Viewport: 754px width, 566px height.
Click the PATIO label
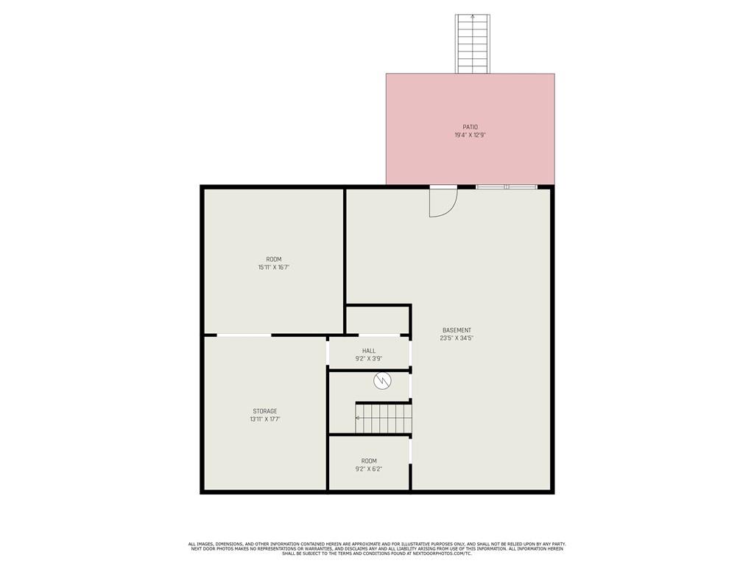click(x=471, y=127)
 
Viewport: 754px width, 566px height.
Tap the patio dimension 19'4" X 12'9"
click(x=471, y=136)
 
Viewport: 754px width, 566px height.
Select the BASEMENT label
click(x=457, y=330)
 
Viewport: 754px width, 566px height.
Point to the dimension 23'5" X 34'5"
click(x=457, y=338)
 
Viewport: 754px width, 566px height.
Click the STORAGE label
click(x=265, y=411)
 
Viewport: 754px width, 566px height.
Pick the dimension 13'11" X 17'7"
click(x=265, y=419)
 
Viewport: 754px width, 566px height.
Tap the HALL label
click(x=369, y=351)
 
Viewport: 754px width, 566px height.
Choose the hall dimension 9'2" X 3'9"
click(x=369, y=359)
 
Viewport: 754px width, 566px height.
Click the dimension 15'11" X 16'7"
click(x=274, y=267)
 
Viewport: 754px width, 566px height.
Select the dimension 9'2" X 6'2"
click(x=369, y=469)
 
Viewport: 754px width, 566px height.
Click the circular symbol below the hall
click(x=382, y=381)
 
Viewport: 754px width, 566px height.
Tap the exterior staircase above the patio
click(x=473, y=43)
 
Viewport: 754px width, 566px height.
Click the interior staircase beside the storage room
click(x=383, y=418)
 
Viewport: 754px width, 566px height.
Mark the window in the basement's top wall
click(x=507, y=186)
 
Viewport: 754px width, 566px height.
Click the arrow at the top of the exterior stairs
click(x=473, y=18)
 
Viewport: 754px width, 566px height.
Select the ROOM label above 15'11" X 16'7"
click(x=274, y=259)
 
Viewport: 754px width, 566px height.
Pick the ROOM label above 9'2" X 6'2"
click(x=369, y=461)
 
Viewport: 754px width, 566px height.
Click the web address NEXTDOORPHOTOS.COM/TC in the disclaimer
click(x=442, y=553)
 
